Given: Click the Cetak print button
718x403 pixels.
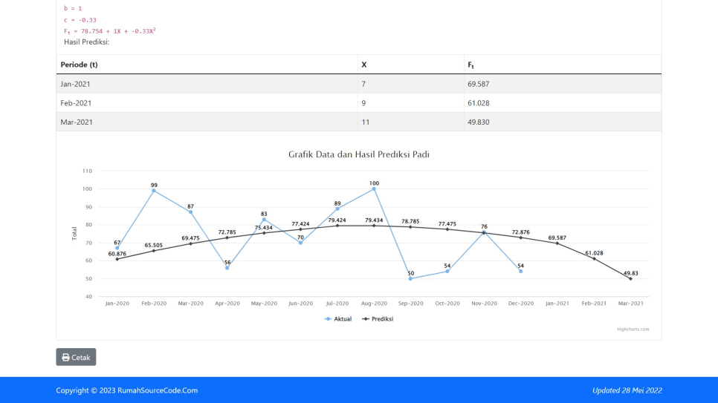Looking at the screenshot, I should [x=76, y=357].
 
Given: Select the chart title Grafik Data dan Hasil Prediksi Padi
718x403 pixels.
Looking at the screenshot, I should [x=359, y=154].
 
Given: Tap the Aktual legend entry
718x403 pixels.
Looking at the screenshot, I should [x=338, y=319].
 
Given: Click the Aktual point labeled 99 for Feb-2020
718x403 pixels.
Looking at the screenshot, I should [x=154, y=191].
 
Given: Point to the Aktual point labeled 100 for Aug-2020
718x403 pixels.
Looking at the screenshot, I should [x=374, y=189].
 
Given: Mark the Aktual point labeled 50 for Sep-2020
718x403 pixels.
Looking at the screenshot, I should [x=410, y=278].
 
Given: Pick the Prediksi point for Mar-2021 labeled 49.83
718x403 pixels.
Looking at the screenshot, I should [x=630, y=278].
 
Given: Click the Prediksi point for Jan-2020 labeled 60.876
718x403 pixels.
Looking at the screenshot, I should [x=117, y=259].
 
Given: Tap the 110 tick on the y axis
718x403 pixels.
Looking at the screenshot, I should [x=87, y=171].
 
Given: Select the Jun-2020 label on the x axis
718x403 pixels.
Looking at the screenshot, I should [x=300, y=304].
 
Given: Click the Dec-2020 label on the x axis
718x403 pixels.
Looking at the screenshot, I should [x=520, y=304].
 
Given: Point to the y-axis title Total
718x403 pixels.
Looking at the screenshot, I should [x=74, y=233].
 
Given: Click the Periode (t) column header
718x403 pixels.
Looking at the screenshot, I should [x=80, y=65].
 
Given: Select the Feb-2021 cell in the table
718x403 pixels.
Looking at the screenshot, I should [x=76, y=103].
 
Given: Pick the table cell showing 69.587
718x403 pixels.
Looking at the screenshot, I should [x=479, y=84].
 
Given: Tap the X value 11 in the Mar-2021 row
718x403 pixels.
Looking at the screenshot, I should [x=366, y=122].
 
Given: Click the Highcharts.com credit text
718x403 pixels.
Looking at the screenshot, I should [x=633, y=330].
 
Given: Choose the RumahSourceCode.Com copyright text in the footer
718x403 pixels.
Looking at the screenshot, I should [x=127, y=390].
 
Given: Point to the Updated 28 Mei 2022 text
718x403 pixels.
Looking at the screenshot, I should [x=627, y=390].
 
